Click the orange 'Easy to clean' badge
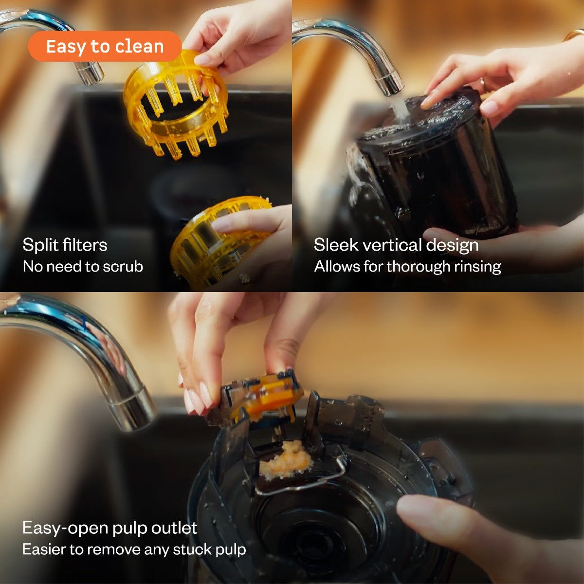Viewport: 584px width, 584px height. (105, 47)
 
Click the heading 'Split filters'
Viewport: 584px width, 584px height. (65, 245)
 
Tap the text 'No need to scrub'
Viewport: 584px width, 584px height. (83, 267)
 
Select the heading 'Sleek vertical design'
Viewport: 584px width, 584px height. (396, 245)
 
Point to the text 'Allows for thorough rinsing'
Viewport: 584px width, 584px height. (407, 267)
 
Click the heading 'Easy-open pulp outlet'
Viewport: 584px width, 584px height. (110, 528)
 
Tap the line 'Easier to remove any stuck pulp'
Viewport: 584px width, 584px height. (134, 550)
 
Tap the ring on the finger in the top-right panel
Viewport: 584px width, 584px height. (483, 86)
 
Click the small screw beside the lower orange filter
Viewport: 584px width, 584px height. (245, 278)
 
